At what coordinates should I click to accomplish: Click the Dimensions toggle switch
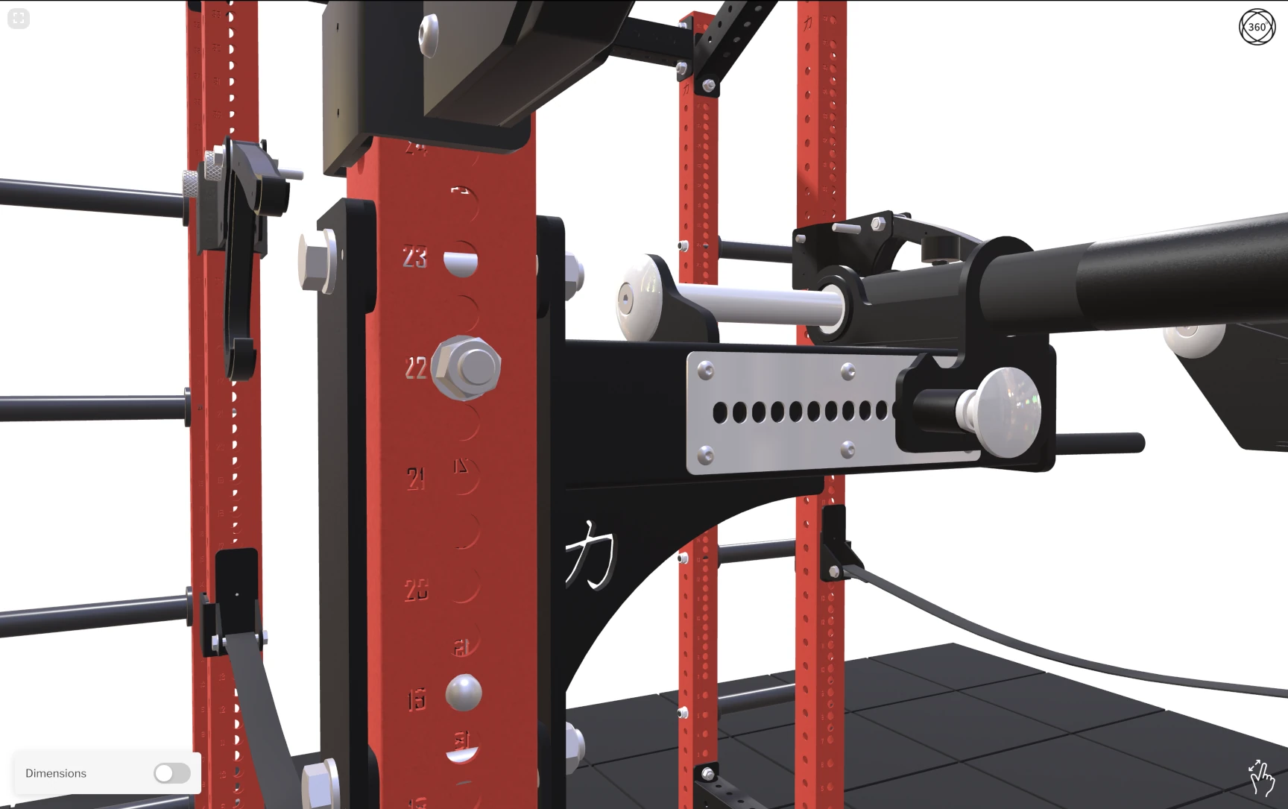click(172, 773)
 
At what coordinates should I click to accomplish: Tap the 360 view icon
click(1257, 27)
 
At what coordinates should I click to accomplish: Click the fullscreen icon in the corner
click(19, 19)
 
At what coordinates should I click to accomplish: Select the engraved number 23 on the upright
click(415, 257)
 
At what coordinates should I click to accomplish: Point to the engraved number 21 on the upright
click(416, 478)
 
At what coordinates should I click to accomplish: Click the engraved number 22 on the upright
click(415, 368)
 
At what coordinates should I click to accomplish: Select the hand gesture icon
click(1260, 778)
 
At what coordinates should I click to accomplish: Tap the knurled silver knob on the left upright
click(192, 184)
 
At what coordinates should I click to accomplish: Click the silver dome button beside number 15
click(464, 693)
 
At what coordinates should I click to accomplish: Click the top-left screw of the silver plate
click(705, 369)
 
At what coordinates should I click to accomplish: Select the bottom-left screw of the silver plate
click(705, 453)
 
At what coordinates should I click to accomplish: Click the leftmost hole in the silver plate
click(720, 412)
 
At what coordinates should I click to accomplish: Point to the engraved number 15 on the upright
click(416, 700)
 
